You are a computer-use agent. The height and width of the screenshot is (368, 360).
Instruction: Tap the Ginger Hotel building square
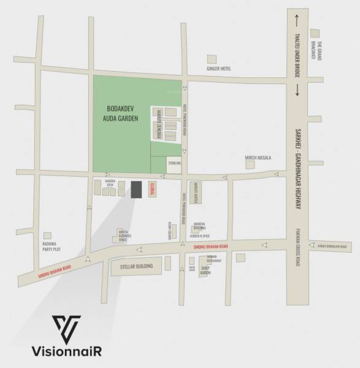click(212, 59)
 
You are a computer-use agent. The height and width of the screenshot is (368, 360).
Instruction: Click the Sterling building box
click(174, 164)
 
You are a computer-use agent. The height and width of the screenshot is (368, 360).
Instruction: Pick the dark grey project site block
click(136, 190)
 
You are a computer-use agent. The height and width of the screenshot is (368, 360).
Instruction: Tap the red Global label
click(153, 190)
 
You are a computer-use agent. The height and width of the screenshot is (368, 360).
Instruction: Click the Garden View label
click(110, 182)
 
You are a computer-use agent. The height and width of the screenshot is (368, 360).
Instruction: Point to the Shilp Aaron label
click(205, 269)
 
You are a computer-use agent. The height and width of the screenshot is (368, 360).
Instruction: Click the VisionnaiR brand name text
click(67, 351)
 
